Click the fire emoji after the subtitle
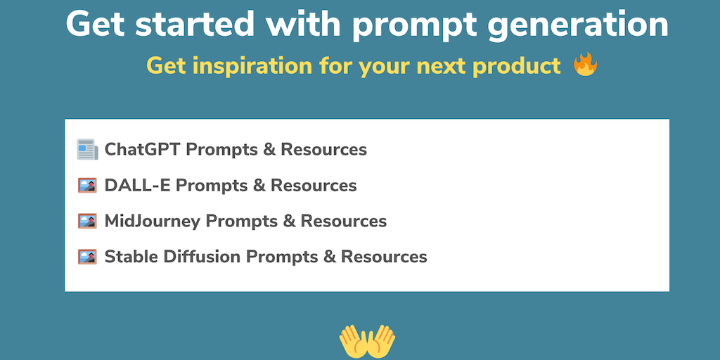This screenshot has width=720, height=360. point(586,65)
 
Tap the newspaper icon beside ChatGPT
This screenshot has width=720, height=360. point(87,149)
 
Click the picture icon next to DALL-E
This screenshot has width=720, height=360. point(87,185)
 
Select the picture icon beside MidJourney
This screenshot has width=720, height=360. point(87,221)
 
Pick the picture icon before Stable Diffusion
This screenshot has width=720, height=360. point(87,257)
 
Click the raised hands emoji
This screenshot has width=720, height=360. point(367,342)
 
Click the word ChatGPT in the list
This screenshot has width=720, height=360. point(143,149)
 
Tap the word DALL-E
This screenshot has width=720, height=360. point(138,185)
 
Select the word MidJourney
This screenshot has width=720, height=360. point(153,221)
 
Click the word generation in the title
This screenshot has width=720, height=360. point(579,24)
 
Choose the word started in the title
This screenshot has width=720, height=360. point(194,23)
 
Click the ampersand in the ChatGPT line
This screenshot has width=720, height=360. point(268,150)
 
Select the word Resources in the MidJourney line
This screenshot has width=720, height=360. point(343,221)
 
